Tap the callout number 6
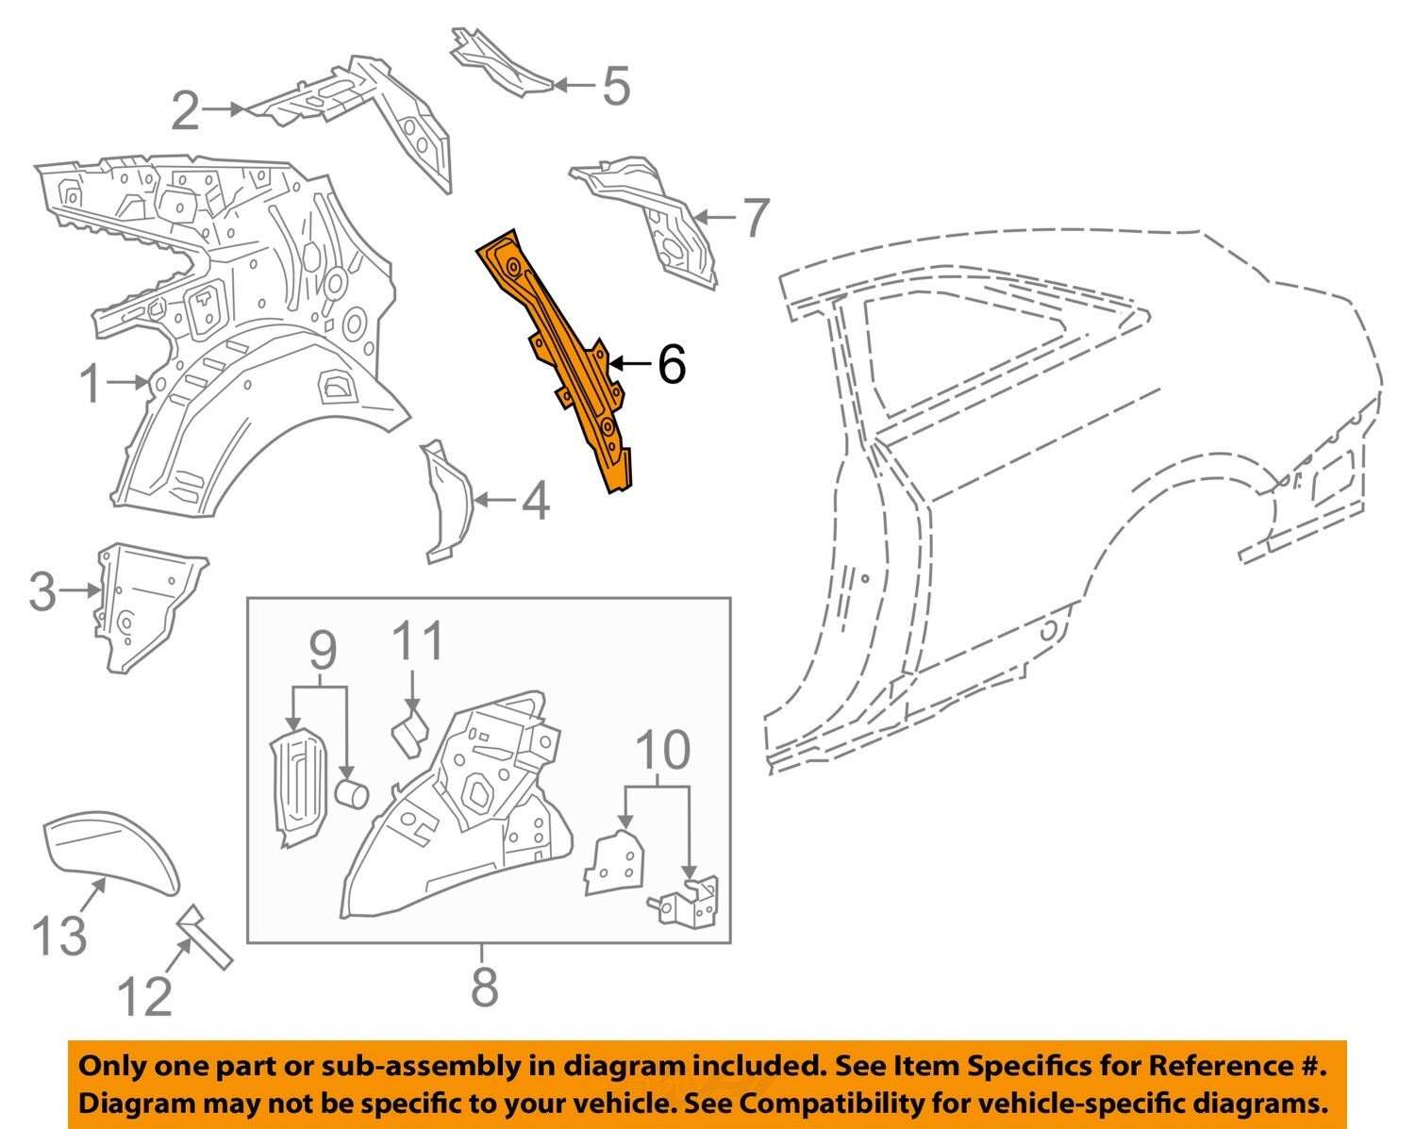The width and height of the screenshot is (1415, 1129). (x=671, y=364)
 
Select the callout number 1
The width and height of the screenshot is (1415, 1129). (x=91, y=384)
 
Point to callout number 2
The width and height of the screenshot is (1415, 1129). (x=186, y=111)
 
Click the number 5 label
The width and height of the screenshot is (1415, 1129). (x=615, y=86)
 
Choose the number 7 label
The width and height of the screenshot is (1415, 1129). (x=756, y=218)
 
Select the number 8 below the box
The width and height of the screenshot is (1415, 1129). (x=484, y=987)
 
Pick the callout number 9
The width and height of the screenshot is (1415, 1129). (x=323, y=650)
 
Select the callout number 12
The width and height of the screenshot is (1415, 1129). (x=144, y=996)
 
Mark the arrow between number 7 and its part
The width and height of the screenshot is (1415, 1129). (x=714, y=218)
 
